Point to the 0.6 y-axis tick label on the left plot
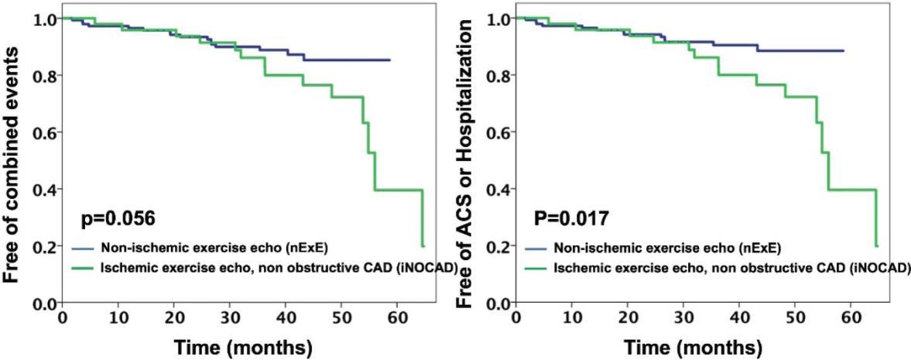[45, 132]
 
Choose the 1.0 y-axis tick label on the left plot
[45, 19]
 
